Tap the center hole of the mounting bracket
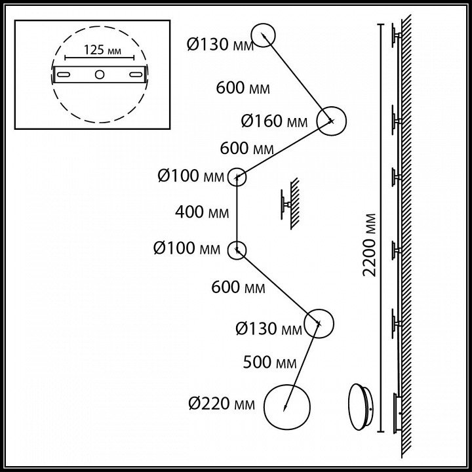(x=98, y=75)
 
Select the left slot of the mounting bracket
(x=65, y=76)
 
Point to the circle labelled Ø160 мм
(x=331, y=121)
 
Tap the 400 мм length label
(x=202, y=212)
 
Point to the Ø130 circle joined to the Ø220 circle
(x=319, y=322)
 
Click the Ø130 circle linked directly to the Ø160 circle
(x=262, y=37)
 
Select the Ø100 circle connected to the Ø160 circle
(x=237, y=176)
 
